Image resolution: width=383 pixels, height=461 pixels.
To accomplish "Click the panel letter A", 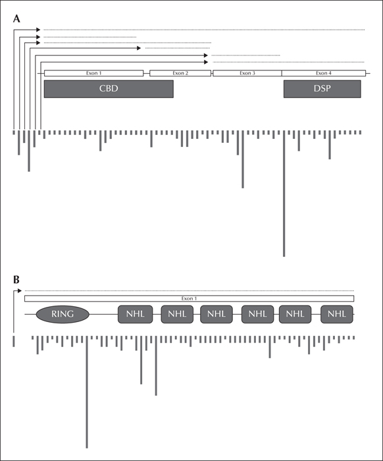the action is point(16,19).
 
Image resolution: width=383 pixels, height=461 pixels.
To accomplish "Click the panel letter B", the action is point(16,280).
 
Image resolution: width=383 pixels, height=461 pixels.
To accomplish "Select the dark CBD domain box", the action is point(109,89).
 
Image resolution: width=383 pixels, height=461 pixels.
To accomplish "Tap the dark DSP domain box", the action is point(322,89).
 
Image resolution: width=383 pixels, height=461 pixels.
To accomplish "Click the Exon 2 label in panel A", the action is point(180,73).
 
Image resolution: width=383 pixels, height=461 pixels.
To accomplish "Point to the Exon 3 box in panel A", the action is point(247,73).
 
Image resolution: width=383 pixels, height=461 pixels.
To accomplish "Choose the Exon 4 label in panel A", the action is point(324,73).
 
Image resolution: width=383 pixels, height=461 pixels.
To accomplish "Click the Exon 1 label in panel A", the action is point(93,73).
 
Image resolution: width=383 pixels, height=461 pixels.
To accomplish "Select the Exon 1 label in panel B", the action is point(189,299).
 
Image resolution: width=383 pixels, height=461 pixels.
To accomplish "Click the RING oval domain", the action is point(63,314).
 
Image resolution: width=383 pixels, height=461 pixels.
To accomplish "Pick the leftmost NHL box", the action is point(136,314).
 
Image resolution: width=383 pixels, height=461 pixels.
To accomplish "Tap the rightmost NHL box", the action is point(337,314).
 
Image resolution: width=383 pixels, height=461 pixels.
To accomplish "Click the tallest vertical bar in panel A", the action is point(284,194).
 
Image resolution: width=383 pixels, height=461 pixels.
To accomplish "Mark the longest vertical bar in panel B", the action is point(87,393).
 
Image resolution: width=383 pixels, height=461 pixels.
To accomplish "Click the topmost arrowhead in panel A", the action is point(38,30).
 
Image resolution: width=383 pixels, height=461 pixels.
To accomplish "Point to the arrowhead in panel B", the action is point(20,291).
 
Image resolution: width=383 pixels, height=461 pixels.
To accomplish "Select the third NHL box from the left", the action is point(217,314).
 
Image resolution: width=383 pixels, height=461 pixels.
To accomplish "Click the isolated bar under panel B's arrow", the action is point(14,341).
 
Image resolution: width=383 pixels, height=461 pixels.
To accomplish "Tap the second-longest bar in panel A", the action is point(243,159).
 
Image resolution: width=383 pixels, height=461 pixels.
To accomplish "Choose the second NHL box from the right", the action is point(295,314).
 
